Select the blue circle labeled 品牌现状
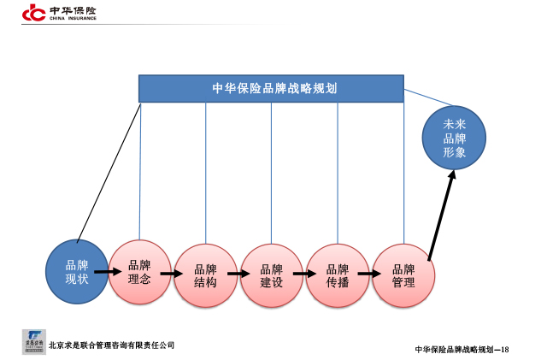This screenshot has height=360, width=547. point(77,271)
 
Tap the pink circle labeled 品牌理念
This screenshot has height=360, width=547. point(139,271)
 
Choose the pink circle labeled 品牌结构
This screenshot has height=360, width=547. point(205,275)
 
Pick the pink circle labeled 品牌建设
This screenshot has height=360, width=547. point(271,275)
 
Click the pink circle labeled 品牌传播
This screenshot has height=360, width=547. point(337,275)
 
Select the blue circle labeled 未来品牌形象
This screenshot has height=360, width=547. point(455,139)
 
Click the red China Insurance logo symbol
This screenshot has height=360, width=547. point(33,12)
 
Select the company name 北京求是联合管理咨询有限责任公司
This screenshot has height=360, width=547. point(111,345)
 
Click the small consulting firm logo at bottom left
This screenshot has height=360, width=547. point(33,340)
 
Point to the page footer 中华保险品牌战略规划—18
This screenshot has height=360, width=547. point(462,349)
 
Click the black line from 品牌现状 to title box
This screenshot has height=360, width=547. point(109,171)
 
